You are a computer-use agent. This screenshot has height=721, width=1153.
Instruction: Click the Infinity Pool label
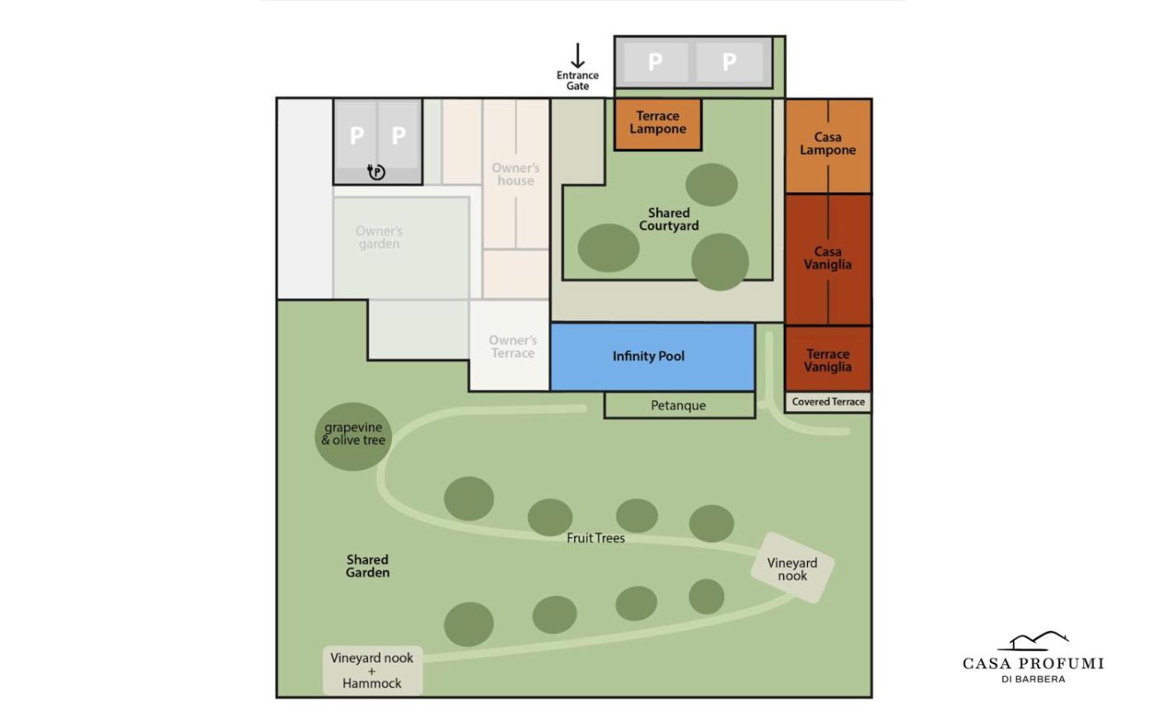[x=649, y=356]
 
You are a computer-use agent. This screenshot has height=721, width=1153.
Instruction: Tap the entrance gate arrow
[x=577, y=56]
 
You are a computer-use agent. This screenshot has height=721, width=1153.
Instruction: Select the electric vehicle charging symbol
[x=376, y=171]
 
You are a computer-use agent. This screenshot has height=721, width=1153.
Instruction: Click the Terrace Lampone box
[x=658, y=124]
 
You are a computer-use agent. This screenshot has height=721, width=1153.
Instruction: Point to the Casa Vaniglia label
[x=828, y=258]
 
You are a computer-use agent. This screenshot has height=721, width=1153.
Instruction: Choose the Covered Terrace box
[x=829, y=402]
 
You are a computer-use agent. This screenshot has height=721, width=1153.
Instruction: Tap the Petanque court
[x=679, y=405]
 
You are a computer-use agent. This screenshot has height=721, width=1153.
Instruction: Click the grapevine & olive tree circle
[x=353, y=436]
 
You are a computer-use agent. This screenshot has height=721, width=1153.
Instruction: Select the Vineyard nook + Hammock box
[x=372, y=671]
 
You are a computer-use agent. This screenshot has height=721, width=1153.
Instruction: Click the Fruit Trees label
[x=595, y=538]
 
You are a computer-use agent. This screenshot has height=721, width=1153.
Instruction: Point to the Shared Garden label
[x=367, y=566]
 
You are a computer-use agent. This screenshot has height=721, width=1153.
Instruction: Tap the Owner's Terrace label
[x=512, y=347]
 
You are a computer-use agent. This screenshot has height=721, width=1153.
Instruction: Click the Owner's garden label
[x=379, y=237]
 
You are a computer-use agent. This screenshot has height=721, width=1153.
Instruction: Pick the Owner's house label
[x=516, y=174]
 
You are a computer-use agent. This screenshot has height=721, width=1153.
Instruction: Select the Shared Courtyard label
[x=669, y=219]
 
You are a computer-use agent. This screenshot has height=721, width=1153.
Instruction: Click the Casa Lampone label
[x=828, y=143]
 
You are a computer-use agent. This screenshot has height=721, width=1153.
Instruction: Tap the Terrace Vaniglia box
[x=829, y=359]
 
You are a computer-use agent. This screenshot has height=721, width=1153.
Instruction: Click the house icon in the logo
[x=1033, y=641]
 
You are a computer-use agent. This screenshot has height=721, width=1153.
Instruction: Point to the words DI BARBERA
[x=1033, y=679]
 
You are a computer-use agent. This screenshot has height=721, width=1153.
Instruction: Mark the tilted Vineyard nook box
[x=792, y=568]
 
